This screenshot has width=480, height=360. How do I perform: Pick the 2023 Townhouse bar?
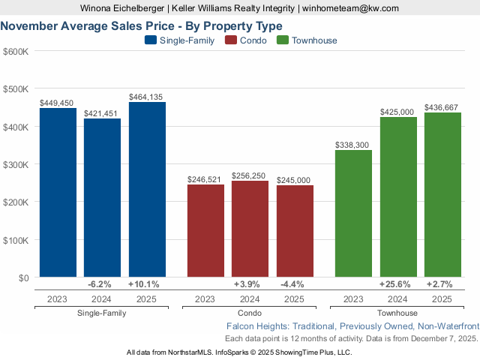pos(353,214)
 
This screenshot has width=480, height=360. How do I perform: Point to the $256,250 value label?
pos(250,175)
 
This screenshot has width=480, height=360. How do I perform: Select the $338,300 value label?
pos(353,145)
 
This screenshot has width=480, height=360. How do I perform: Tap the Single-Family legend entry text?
pos(187,40)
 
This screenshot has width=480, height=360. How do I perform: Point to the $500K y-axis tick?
pos(16,89)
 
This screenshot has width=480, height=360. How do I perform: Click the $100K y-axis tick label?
pos(16,240)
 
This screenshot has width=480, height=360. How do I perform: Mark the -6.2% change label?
pos(100,284)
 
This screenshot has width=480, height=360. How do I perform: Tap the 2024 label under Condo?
pos(250,298)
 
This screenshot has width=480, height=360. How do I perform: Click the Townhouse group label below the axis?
pos(397,313)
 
